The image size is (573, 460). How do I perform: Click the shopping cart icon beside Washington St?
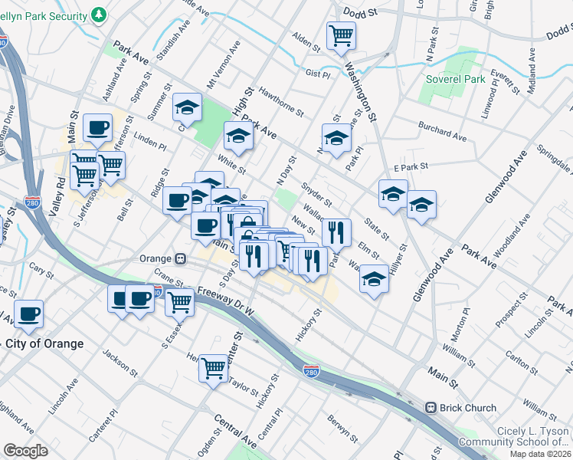point(340,35)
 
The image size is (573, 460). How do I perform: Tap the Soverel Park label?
point(457,79)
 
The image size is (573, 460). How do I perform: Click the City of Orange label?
point(46,343)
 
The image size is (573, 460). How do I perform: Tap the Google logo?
point(25,451)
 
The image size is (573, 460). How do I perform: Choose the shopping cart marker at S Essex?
point(179,302)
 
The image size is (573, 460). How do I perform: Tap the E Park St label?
point(408,167)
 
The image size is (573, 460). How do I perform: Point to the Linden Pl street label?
point(150,143)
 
